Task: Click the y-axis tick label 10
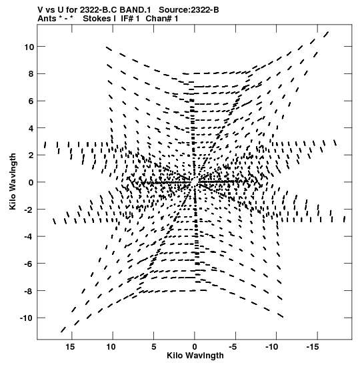pos(29,47)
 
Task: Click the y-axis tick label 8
pos(31,74)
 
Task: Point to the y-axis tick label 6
pos(31,101)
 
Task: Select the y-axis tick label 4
pos(31,128)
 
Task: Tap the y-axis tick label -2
pos(29,210)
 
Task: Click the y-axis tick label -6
pos(29,264)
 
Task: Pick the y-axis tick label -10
pos(27,318)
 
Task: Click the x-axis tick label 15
pos(70,347)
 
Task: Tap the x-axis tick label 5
pos(154,347)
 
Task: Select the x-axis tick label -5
pos(233,347)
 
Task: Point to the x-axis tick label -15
pos(313,347)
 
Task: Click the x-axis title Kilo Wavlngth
pos(195,356)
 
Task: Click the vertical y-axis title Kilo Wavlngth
pos(13,181)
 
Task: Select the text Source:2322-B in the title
pos(189,10)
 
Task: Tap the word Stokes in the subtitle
pos(99,19)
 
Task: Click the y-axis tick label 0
pos(31,183)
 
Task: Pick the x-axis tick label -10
pos(272,347)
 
